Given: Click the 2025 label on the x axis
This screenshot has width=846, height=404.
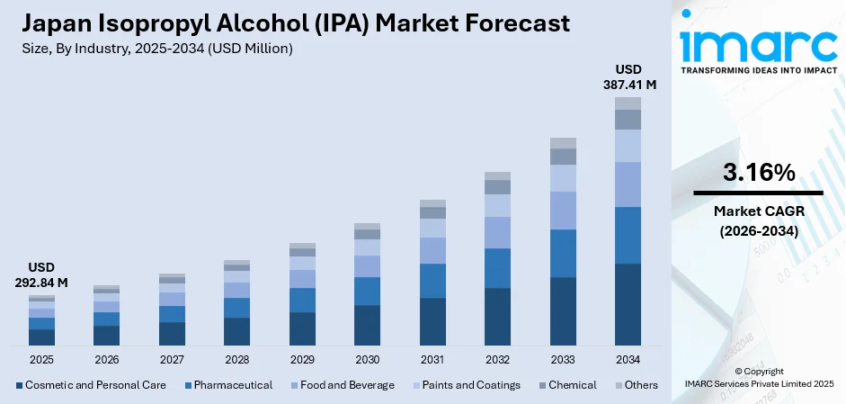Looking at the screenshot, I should [41, 359].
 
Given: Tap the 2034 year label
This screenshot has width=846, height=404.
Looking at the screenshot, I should [628, 359].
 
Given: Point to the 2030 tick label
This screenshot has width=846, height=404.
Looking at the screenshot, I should [367, 359].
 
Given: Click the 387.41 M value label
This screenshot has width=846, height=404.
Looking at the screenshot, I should [628, 85].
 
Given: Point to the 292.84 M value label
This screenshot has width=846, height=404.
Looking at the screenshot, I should [41, 283].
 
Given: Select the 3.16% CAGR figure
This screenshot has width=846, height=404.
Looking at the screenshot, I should [758, 173].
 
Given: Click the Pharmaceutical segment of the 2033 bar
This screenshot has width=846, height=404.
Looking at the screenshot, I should [563, 253].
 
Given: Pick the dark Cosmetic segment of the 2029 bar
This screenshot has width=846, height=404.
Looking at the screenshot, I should [302, 328].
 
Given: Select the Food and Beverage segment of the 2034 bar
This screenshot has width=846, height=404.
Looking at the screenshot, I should [628, 184].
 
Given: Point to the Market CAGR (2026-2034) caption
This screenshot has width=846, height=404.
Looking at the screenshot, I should [758, 220].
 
